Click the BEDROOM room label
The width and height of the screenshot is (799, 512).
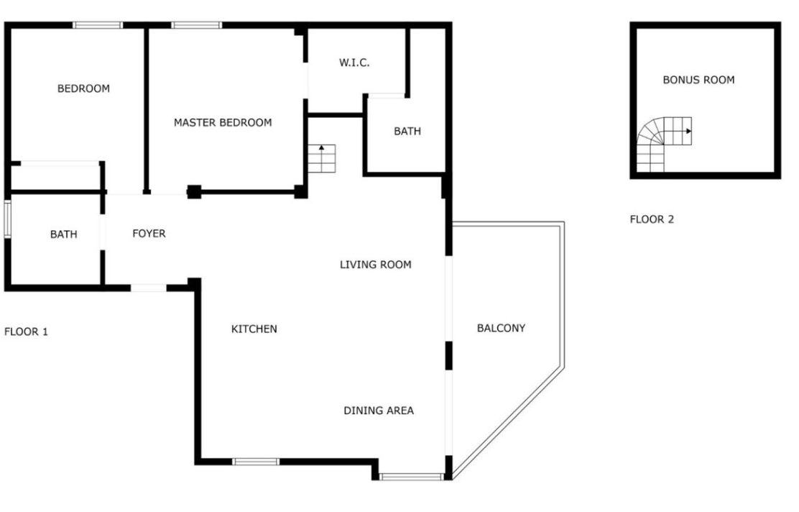tap(83, 88)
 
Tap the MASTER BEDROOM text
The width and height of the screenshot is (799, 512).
tap(223, 123)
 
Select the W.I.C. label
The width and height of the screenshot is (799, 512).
tap(354, 63)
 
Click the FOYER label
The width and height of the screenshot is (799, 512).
tap(149, 234)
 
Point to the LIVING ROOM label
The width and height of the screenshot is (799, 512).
tap(376, 265)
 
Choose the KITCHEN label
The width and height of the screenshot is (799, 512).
tap(254, 329)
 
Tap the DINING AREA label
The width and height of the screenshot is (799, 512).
tap(379, 411)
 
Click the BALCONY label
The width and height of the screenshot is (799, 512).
tap(501, 329)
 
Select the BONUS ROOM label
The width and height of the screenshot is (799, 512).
tap(698, 80)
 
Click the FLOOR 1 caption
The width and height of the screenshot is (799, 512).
tap(26, 332)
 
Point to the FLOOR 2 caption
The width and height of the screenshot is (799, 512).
tap(652, 220)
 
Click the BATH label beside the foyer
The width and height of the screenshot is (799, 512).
tap(64, 234)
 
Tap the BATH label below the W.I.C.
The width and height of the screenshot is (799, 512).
tap(407, 132)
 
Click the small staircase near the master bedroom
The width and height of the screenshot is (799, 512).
tap(321, 159)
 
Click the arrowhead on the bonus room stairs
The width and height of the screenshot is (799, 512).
tap(689, 132)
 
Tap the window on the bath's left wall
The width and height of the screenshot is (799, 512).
tap(8, 219)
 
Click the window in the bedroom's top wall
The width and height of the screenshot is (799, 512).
tap(97, 25)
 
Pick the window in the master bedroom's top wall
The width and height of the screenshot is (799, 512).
tap(197, 25)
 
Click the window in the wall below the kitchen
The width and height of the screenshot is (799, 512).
tap(256, 462)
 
